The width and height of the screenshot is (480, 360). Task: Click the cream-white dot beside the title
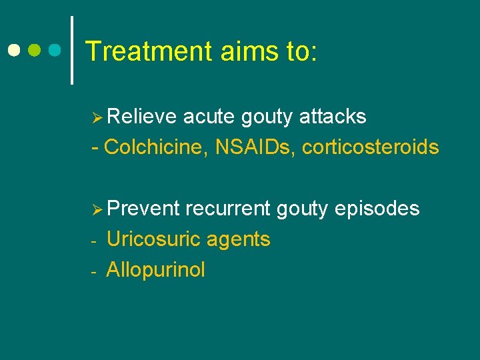[x=13, y=50]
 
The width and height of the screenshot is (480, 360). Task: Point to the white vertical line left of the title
[x=72, y=50]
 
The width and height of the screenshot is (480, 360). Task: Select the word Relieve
[x=142, y=117]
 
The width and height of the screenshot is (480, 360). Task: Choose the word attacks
[x=333, y=117]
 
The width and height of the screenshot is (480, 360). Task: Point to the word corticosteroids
[x=370, y=147]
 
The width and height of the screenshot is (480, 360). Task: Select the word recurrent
[x=227, y=209]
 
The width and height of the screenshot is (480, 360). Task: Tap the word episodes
[x=377, y=209]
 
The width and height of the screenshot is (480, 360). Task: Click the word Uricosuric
[x=155, y=239]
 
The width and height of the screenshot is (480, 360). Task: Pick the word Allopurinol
[x=155, y=270]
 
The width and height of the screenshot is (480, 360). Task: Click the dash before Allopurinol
[x=95, y=271]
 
